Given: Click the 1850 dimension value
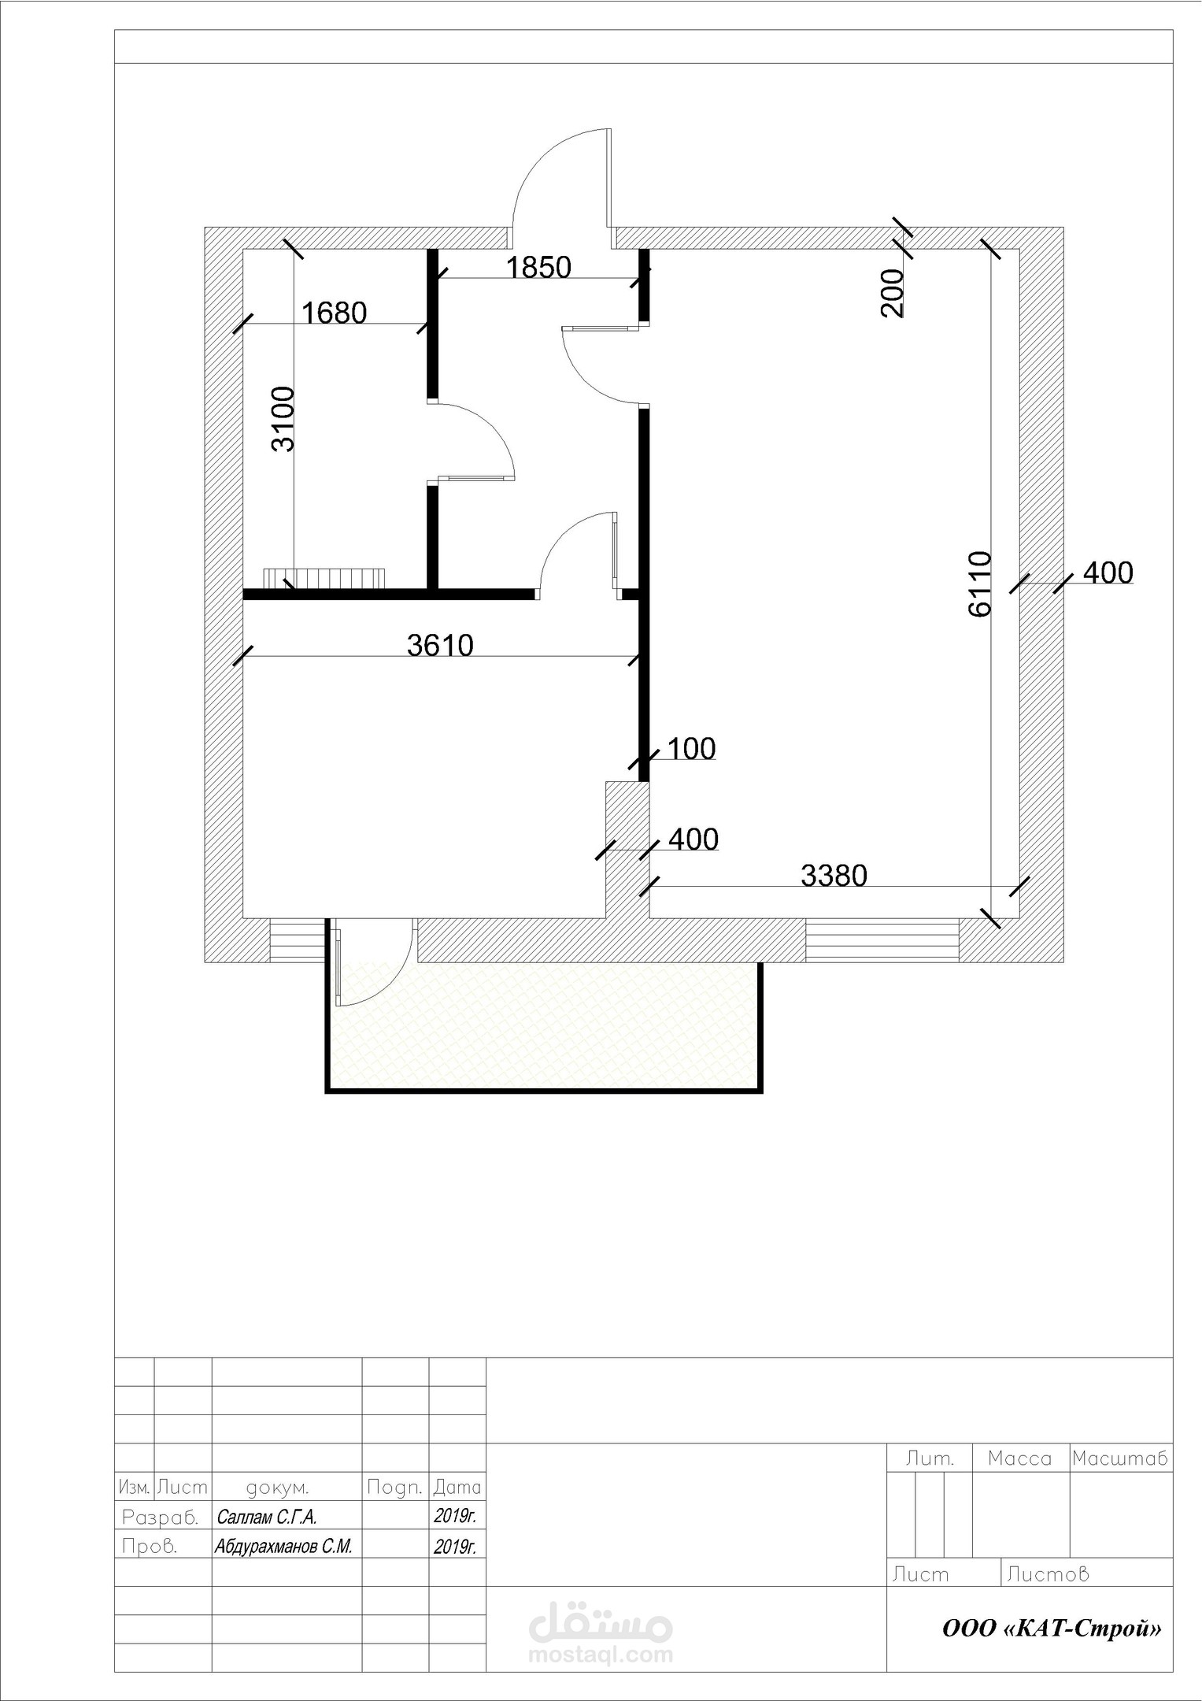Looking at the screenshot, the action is point(538,268).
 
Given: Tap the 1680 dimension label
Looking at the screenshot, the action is point(335,313).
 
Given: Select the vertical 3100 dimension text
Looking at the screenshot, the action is point(283,418).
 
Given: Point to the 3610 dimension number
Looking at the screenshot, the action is point(440,646).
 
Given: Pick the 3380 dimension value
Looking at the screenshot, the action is point(834,875).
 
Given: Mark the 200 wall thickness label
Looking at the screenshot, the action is point(893,293).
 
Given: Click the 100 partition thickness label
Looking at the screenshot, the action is point(692,748).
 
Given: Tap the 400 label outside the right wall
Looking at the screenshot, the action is point(1108,573).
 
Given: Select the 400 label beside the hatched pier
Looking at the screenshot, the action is point(693,839).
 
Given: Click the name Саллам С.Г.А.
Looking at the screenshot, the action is point(266,1539).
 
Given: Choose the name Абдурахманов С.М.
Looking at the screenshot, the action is point(283,1568).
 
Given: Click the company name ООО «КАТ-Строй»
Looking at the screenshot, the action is point(1052,1629).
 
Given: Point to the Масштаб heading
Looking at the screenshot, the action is point(1120,1458).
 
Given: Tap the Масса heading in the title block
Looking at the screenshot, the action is point(1019,1458).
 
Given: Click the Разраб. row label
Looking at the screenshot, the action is point(160,1539).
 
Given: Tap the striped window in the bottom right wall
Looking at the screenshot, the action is point(882,939).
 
